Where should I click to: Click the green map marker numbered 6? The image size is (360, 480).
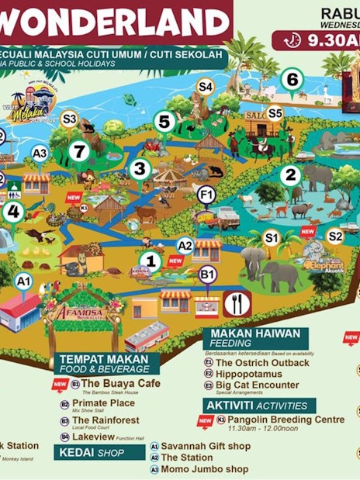(292, 79)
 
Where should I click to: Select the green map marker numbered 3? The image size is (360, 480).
(140, 167)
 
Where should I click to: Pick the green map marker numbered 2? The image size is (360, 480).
(291, 175)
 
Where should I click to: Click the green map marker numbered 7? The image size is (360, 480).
(77, 151)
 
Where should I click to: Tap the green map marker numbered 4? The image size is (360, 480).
(12, 210)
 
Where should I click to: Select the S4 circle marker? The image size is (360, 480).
(205, 88)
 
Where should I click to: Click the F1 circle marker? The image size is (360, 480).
(206, 195)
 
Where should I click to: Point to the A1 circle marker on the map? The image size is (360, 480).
(24, 281)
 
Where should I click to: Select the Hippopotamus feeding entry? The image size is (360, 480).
(251, 373)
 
